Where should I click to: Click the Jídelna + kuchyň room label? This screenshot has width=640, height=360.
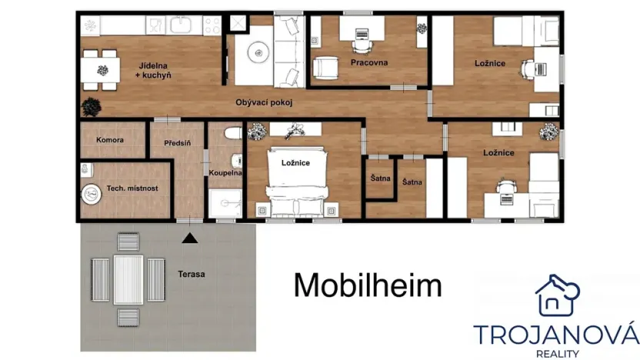tap(155, 70)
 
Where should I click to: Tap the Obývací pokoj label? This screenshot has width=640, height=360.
tap(264, 102)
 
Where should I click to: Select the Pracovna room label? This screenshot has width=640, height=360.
tap(369, 62)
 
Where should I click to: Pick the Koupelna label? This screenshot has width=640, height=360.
tap(225, 173)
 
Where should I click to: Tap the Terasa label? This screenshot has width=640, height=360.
tap(192, 274)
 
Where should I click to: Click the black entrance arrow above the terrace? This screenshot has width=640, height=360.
tap(190, 238)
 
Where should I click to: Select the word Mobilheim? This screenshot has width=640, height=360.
tap(368, 285)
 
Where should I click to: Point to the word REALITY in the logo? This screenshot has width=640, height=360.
tap(556, 353)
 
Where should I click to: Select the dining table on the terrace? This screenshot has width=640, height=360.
tap(128, 279)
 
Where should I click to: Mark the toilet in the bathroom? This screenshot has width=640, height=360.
tap(232, 135)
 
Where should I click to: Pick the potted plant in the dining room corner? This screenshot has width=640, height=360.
tap(90, 105)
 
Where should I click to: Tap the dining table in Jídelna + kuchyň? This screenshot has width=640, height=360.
tap(101, 68)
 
